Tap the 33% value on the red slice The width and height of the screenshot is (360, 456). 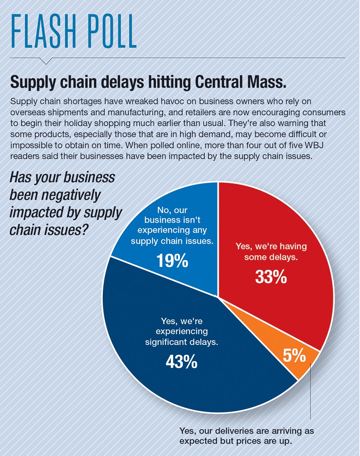[x=271, y=277]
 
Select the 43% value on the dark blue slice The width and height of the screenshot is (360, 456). [x=181, y=362]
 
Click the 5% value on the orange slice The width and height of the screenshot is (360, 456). [x=295, y=356]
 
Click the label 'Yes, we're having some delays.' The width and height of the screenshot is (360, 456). [x=271, y=252]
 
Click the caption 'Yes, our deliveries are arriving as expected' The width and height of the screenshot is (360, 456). [x=246, y=436]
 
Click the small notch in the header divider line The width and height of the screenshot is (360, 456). [x=46, y=61]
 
